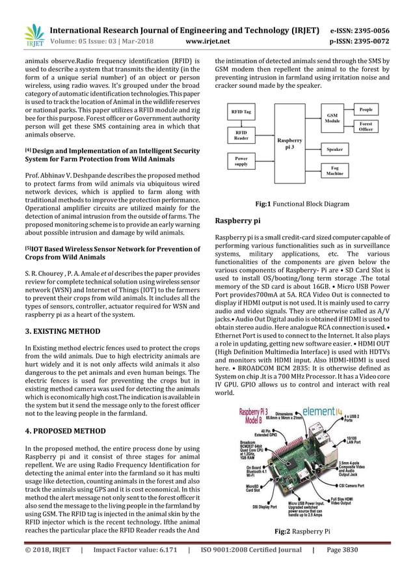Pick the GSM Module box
point(332,118)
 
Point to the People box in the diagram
point(366,110)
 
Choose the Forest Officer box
point(366,126)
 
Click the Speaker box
point(335,149)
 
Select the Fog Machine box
point(335,171)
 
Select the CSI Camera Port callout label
point(376,485)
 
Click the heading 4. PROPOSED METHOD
point(59,431)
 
